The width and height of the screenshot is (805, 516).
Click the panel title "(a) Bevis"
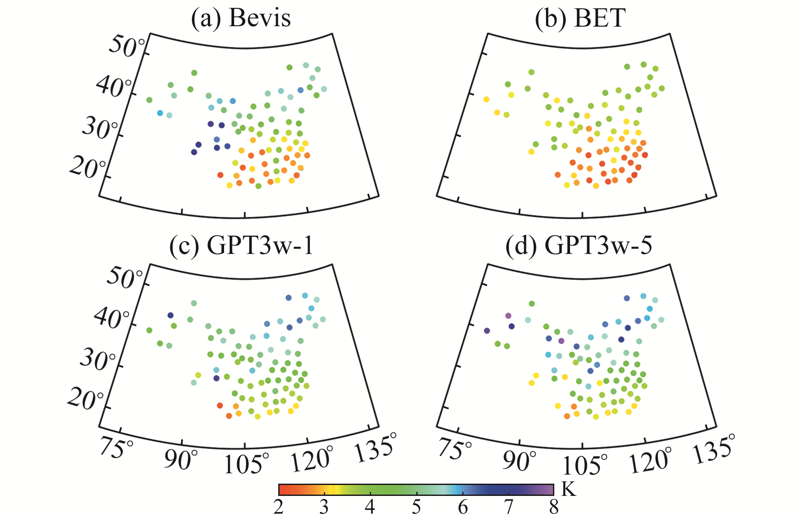click(241, 18)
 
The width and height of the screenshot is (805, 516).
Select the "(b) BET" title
click(580, 18)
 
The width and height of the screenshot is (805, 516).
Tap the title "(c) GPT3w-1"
click(242, 246)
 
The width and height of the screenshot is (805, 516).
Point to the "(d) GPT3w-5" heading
click(579, 246)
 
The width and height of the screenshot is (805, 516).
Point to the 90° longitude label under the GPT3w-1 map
click(181, 459)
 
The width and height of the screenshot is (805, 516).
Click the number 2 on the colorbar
click(279, 507)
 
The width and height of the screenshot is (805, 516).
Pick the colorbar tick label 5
click(416, 507)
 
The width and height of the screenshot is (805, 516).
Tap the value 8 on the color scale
click(554, 507)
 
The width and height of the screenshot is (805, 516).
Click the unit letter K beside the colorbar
click(569, 489)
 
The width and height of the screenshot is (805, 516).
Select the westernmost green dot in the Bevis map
click(149, 100)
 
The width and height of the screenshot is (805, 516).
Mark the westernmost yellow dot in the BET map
click(486, 100)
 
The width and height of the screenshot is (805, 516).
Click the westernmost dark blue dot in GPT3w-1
click(170, 315)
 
